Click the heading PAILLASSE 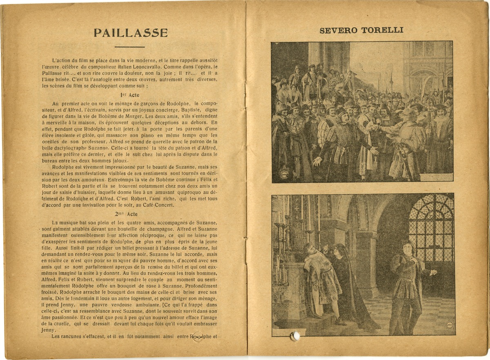click(x=131, y=33)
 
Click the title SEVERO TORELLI click(x=361, y=30)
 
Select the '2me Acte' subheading click(x=127, y=214)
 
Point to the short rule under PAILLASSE click(x=129, y=47)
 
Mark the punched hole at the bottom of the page click(x=294, y=336)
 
